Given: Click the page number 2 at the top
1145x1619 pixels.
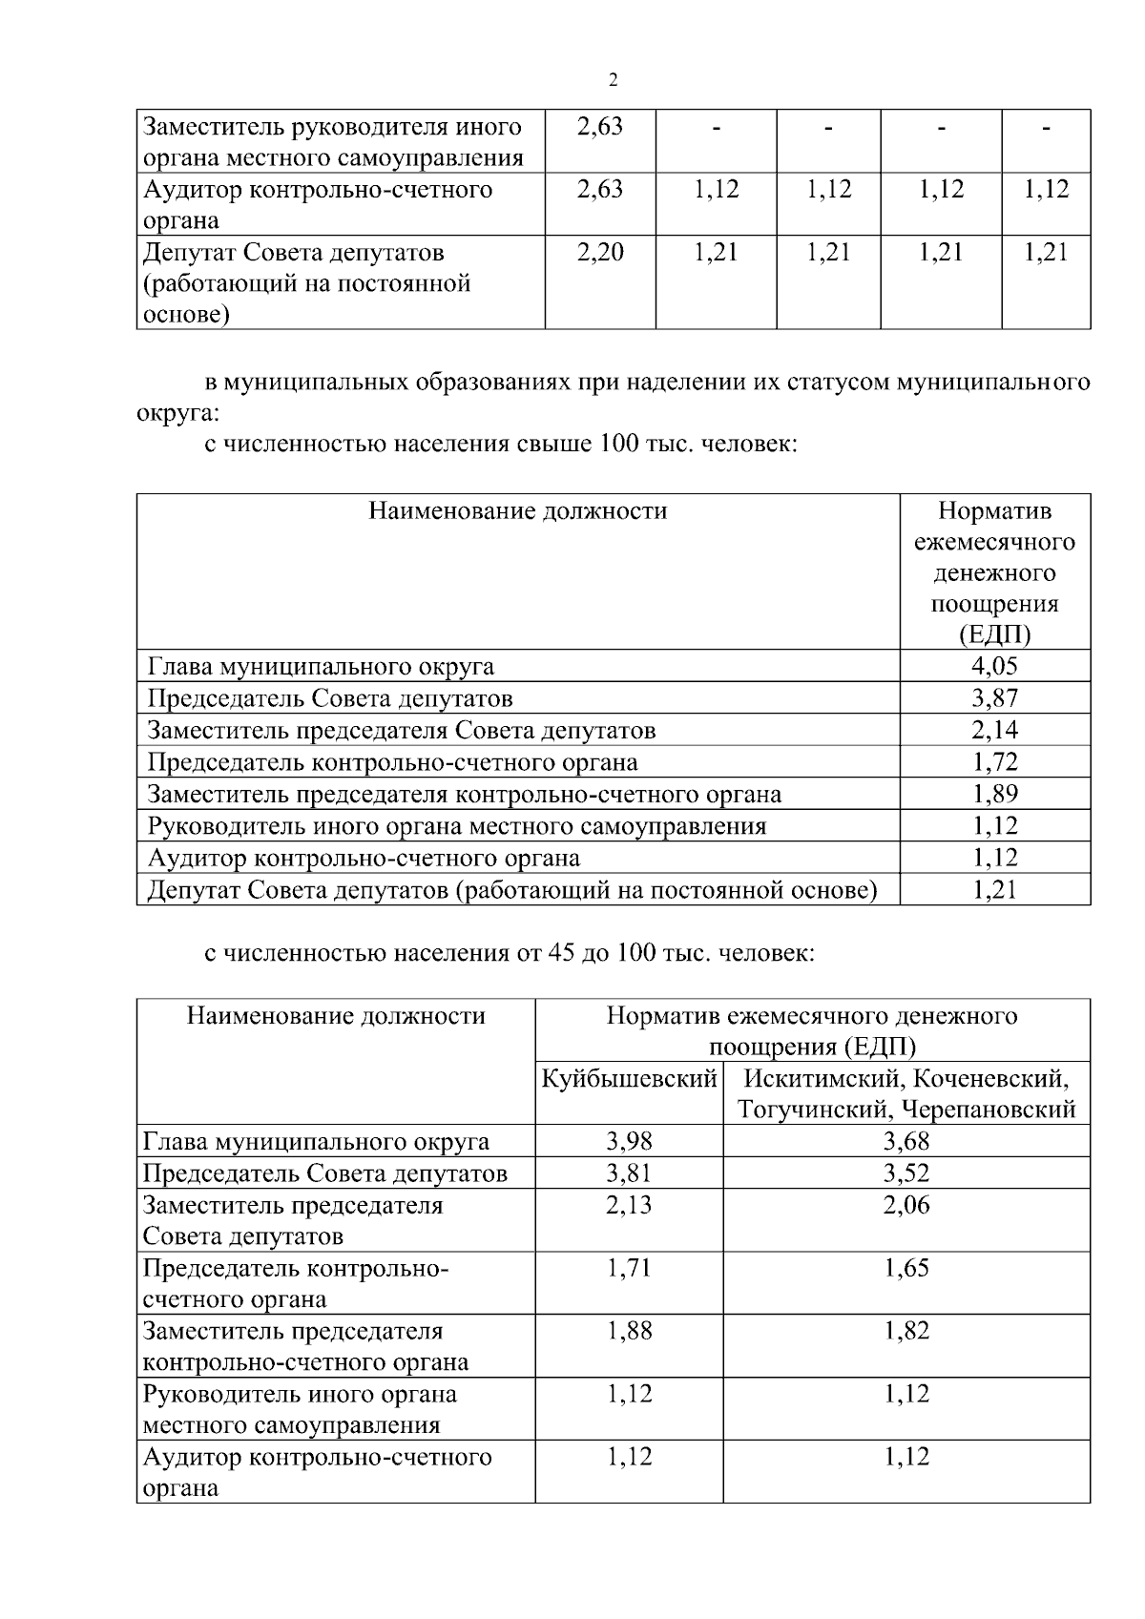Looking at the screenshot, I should (x=613, y=80).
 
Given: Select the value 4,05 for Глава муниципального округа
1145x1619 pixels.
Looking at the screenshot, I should (x=994, y=666).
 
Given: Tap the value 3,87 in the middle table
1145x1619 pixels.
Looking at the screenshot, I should (x=994, y=697).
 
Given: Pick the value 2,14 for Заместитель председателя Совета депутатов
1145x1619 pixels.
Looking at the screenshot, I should (x=994, y=730).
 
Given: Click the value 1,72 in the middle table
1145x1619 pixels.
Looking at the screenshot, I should (x=994, y=761).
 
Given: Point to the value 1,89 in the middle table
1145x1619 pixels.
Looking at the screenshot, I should (x=994, y=794).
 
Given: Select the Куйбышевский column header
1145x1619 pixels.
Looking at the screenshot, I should (x=629, y=1079).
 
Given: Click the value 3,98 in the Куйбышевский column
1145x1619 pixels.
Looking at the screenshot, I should (x=629, y=1141).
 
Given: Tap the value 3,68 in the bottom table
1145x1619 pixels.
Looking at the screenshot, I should (x=906, y=1141).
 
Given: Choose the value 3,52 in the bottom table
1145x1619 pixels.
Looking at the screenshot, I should (x=906, y=1173).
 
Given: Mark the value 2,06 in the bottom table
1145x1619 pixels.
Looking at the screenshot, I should (x=906, y=1205).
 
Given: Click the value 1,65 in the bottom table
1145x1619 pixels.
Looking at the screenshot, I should (x=906, y=1268).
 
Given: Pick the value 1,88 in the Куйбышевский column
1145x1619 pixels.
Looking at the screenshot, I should (x=629, y=1331).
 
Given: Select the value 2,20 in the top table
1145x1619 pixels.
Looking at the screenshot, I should (x=600, y=252).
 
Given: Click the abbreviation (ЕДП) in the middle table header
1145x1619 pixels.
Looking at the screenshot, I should (x=994, y=635).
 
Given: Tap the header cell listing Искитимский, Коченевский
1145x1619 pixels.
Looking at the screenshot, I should (x=906, y=1094).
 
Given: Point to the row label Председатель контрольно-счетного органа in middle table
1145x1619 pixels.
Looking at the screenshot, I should (x=393, y=762).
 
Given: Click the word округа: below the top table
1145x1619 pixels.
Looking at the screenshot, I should (x=178, y=414).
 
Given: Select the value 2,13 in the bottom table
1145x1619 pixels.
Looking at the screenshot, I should (x=629, y=1205).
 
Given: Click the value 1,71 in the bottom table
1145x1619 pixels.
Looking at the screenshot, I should (x=629, y=1268).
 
